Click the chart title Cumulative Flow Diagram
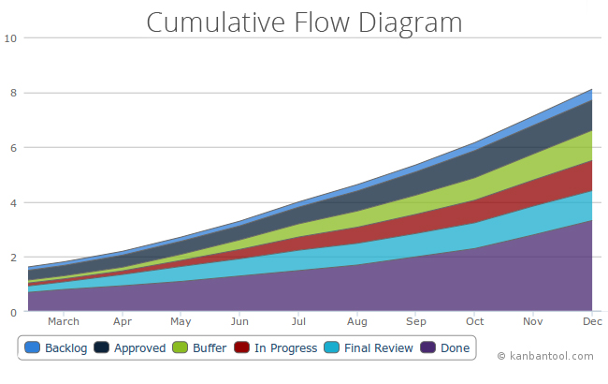(x=304, y=22)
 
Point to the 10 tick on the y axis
(x=10, y=38)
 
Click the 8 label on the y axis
(x=13, y=93)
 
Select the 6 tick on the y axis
(x=13, y=148)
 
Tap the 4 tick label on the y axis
(x=13, y=202)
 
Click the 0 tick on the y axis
(x=13, y=312)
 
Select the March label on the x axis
(x=64, y=322)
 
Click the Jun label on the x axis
(x=239, y=322)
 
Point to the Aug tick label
(x=357, y=322)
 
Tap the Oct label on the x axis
(x=475, y=322)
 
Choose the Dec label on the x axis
(x=592, y=322)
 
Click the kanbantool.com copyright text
(x=545, y=356)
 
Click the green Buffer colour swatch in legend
(x=180, y=348)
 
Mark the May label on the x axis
(x=181, y=322)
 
